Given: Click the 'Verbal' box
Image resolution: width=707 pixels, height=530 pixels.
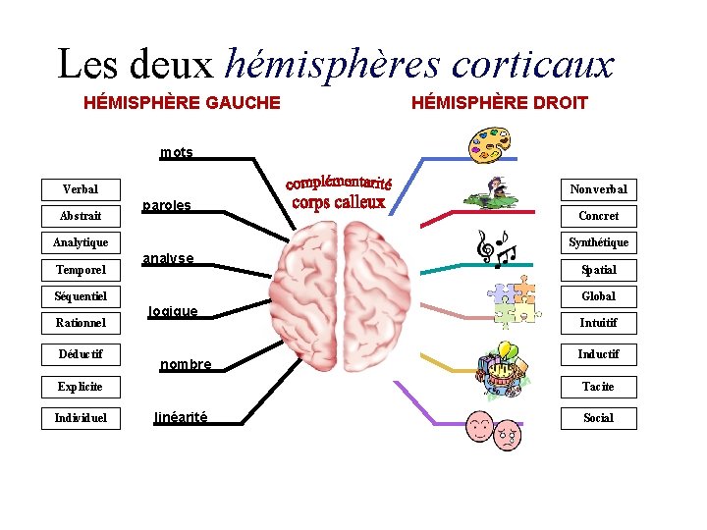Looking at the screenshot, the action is tap(80, 188).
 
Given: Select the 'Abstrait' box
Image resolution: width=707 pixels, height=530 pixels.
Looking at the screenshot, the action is tap(80, 215).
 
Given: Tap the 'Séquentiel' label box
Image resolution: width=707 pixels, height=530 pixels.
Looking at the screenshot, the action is tap(80, 295).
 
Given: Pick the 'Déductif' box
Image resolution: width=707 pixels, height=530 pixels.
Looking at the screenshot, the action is tap(80, 353).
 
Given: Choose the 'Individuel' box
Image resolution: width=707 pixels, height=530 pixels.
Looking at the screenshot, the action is tap(80, 418).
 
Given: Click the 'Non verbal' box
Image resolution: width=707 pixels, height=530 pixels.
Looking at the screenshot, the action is tap(598, 188).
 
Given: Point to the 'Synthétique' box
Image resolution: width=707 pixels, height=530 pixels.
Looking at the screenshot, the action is tap(598, 242).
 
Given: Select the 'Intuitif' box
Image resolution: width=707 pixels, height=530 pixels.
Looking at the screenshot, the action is tap(598, 322).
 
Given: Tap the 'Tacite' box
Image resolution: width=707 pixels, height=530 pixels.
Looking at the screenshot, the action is tap(598, 387).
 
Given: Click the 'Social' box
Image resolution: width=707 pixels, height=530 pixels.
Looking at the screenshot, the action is tap(598, 418).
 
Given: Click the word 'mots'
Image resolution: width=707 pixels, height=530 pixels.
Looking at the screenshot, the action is tap(177, 152).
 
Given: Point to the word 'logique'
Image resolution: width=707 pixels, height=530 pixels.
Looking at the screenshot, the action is tap(173, 311).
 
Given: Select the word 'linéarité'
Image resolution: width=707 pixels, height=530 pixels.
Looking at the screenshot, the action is tap(181, 417).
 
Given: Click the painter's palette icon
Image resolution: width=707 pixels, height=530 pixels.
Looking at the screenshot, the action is tap(488, 142).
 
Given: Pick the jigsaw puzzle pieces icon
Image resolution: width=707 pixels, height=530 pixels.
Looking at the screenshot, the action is tap(515, 299).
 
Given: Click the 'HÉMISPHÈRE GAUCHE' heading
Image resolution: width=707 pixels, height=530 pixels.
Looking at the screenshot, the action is tap(182, 102).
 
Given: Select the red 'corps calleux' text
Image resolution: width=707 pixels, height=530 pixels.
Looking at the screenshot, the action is tap(339, 203).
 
